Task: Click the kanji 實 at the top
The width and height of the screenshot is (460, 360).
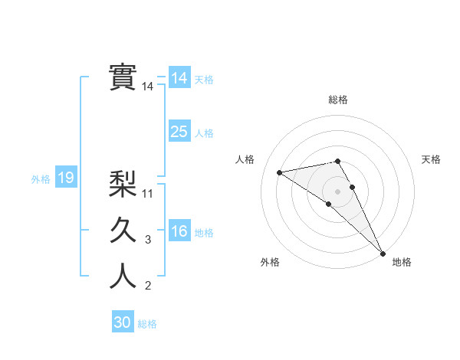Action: [123, 77]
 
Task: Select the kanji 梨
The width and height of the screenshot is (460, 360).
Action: [123, 184]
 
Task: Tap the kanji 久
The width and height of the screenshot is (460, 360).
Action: [123, 231]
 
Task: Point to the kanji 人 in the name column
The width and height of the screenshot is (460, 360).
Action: [123, 277]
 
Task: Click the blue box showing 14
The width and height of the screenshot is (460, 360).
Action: [179, 78]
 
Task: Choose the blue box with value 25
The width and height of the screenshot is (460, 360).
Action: [179, 132]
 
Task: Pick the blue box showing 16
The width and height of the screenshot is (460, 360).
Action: [179, 231]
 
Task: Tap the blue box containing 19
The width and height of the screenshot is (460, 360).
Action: [65, 178]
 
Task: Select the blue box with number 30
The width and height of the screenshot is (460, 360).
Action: [123, 322]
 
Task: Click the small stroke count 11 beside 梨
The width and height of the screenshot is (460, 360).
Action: [149, 193]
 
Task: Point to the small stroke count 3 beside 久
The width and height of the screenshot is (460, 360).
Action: [148, 240]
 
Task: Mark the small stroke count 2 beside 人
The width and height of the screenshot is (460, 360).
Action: [148, 286]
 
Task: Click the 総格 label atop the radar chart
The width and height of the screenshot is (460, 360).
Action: [338, 100]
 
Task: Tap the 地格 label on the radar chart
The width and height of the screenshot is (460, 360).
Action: [402, 262]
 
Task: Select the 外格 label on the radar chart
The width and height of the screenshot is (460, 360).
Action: [270, 262]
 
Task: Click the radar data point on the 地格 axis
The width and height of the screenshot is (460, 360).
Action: [383, 253]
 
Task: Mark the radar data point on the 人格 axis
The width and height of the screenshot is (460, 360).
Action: [280, 172]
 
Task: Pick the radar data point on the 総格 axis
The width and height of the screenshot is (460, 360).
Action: [337, 161]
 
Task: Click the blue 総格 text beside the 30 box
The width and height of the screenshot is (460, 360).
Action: [147, 324]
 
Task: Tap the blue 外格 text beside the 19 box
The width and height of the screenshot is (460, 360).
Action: [41, 179]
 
